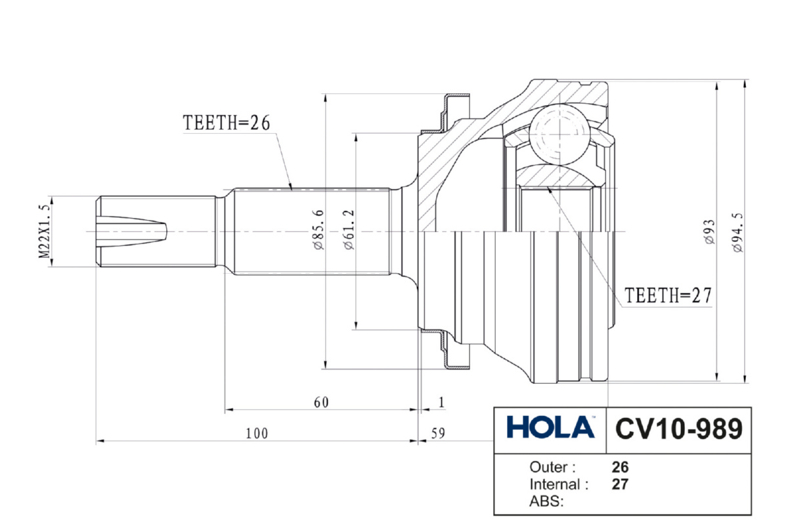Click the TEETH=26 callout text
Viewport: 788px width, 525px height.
[227, 123]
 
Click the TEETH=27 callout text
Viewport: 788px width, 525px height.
[668, 296]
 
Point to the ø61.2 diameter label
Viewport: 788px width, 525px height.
[349, 229]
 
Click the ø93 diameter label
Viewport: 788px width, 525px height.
[709, 232]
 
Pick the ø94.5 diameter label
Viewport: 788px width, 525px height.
[737, 232]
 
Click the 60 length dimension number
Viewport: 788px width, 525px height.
[320, 402]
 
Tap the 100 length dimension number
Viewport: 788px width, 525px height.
[257, 433]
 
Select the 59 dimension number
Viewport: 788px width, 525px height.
[437, 433]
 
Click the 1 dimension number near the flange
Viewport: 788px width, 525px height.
[442, 402]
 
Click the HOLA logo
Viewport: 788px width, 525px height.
[550, 428]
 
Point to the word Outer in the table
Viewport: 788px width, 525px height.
[552, 467]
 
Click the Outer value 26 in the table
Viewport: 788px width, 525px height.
[620, 467]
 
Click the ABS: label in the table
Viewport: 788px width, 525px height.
[546, 502]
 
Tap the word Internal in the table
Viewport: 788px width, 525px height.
[558, 485]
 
